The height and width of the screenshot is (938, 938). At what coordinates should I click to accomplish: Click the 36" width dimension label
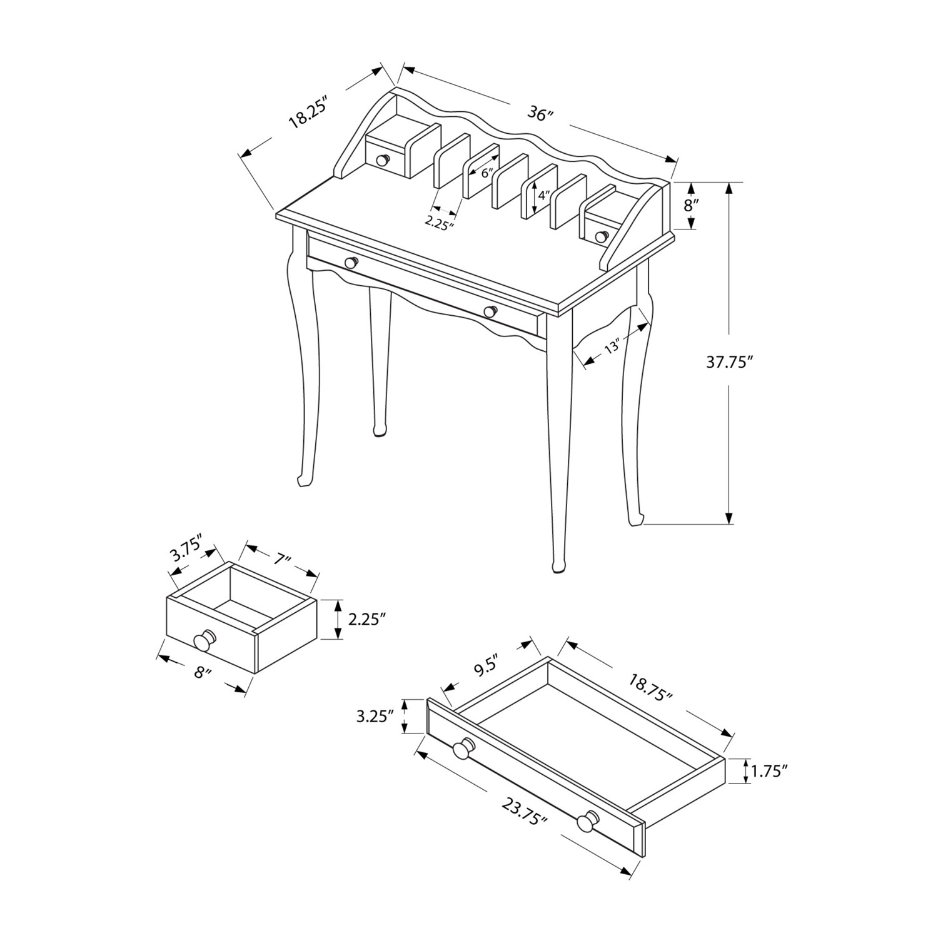coord(542,114)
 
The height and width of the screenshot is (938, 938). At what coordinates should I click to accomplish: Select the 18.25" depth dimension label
coord(308,113)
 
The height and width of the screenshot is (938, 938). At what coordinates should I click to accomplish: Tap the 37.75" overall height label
coord(729,363)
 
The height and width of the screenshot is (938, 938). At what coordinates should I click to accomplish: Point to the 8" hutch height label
coord(690,205)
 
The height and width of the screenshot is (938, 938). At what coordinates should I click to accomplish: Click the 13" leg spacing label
coord(612,347)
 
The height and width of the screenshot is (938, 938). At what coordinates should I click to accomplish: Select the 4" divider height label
coord(542,194)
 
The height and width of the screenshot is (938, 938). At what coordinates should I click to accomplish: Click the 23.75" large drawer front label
coord(524,812)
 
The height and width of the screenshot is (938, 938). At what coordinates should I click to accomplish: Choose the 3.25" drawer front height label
coord(375,717)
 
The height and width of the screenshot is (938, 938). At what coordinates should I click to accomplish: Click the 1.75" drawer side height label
coord(769,772)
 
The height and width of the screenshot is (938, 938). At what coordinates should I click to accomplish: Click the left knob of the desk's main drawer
coord(351,263)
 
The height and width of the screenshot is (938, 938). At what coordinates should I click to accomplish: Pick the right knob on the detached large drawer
coord(587,822)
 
